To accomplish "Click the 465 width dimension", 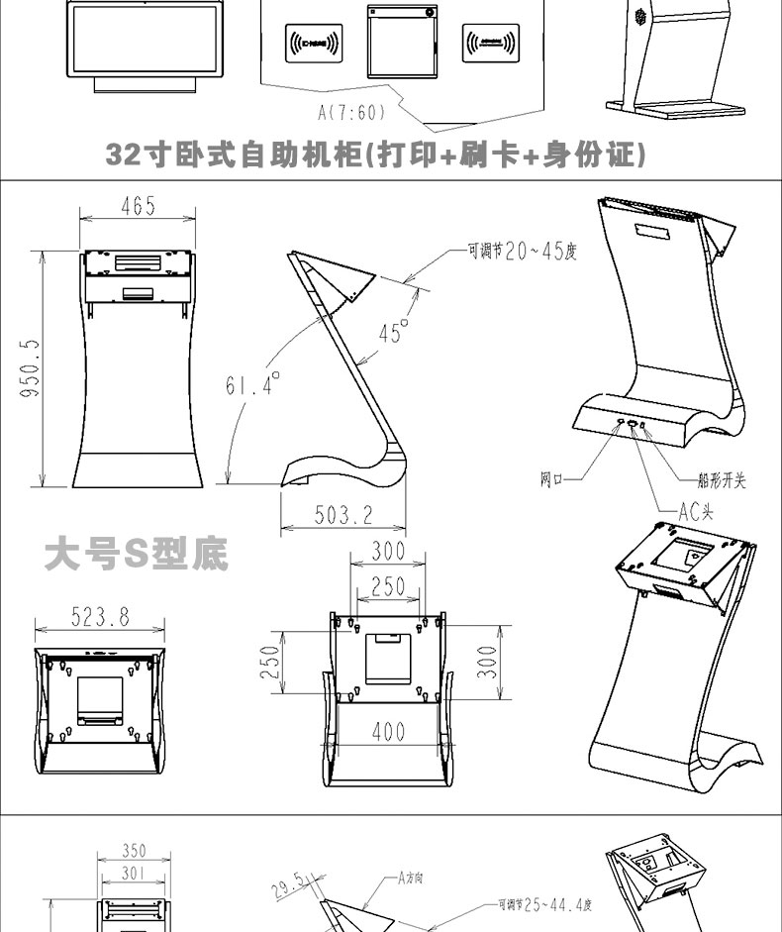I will tap(138, 206).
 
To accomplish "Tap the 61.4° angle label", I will tap(252, 383).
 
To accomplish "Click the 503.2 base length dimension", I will tap(343, 515).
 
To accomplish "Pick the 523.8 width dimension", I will tap(99, 616).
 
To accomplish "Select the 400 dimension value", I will tap(388, 732).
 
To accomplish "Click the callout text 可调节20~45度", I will tap(523, 252).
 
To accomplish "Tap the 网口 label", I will tap(551, 480).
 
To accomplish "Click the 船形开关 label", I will tap(722, 480).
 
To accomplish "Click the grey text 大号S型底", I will tap(137, 555).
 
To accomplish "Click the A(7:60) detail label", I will tap(351, 113).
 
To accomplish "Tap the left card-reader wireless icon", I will tap(313, 43).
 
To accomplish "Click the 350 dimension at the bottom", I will tap(134, 850).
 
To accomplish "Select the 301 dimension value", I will tap(134, 873).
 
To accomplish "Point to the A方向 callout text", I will tap(412, 878).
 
